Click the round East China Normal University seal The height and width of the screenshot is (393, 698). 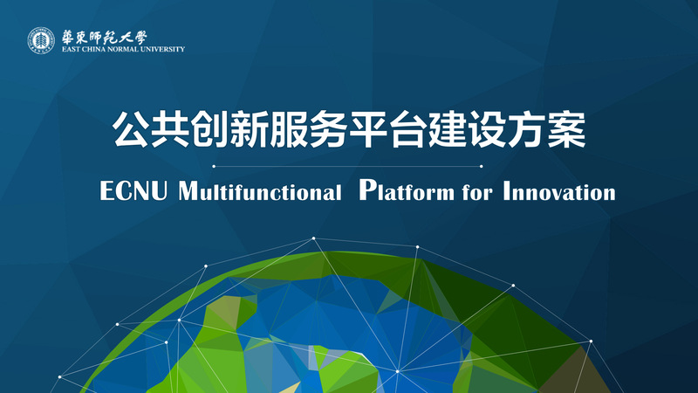point(41,41)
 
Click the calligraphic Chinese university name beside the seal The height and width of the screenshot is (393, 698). point(104,38)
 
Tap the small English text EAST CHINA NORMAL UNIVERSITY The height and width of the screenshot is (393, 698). point(123,49)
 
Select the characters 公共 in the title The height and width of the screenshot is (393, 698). point(151,129)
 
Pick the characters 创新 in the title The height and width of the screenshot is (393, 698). point(229,129)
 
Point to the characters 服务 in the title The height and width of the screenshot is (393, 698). point(309,129)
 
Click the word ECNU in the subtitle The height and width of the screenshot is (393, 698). point(133,190)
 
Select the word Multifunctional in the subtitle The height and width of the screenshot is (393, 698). point(260,190)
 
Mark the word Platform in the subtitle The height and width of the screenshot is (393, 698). point(407,190)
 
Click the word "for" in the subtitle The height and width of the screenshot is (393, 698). point(477,192)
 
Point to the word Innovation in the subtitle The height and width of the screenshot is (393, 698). point(559,190)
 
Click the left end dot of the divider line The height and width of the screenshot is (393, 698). point(214,166)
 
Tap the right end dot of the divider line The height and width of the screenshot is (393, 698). point(482,166)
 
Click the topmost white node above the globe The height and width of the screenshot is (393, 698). point(313,238)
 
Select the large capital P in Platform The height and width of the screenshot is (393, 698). point(367,190)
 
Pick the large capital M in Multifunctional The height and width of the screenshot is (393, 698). point(188,190)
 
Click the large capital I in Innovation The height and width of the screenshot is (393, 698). point(507,190)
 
